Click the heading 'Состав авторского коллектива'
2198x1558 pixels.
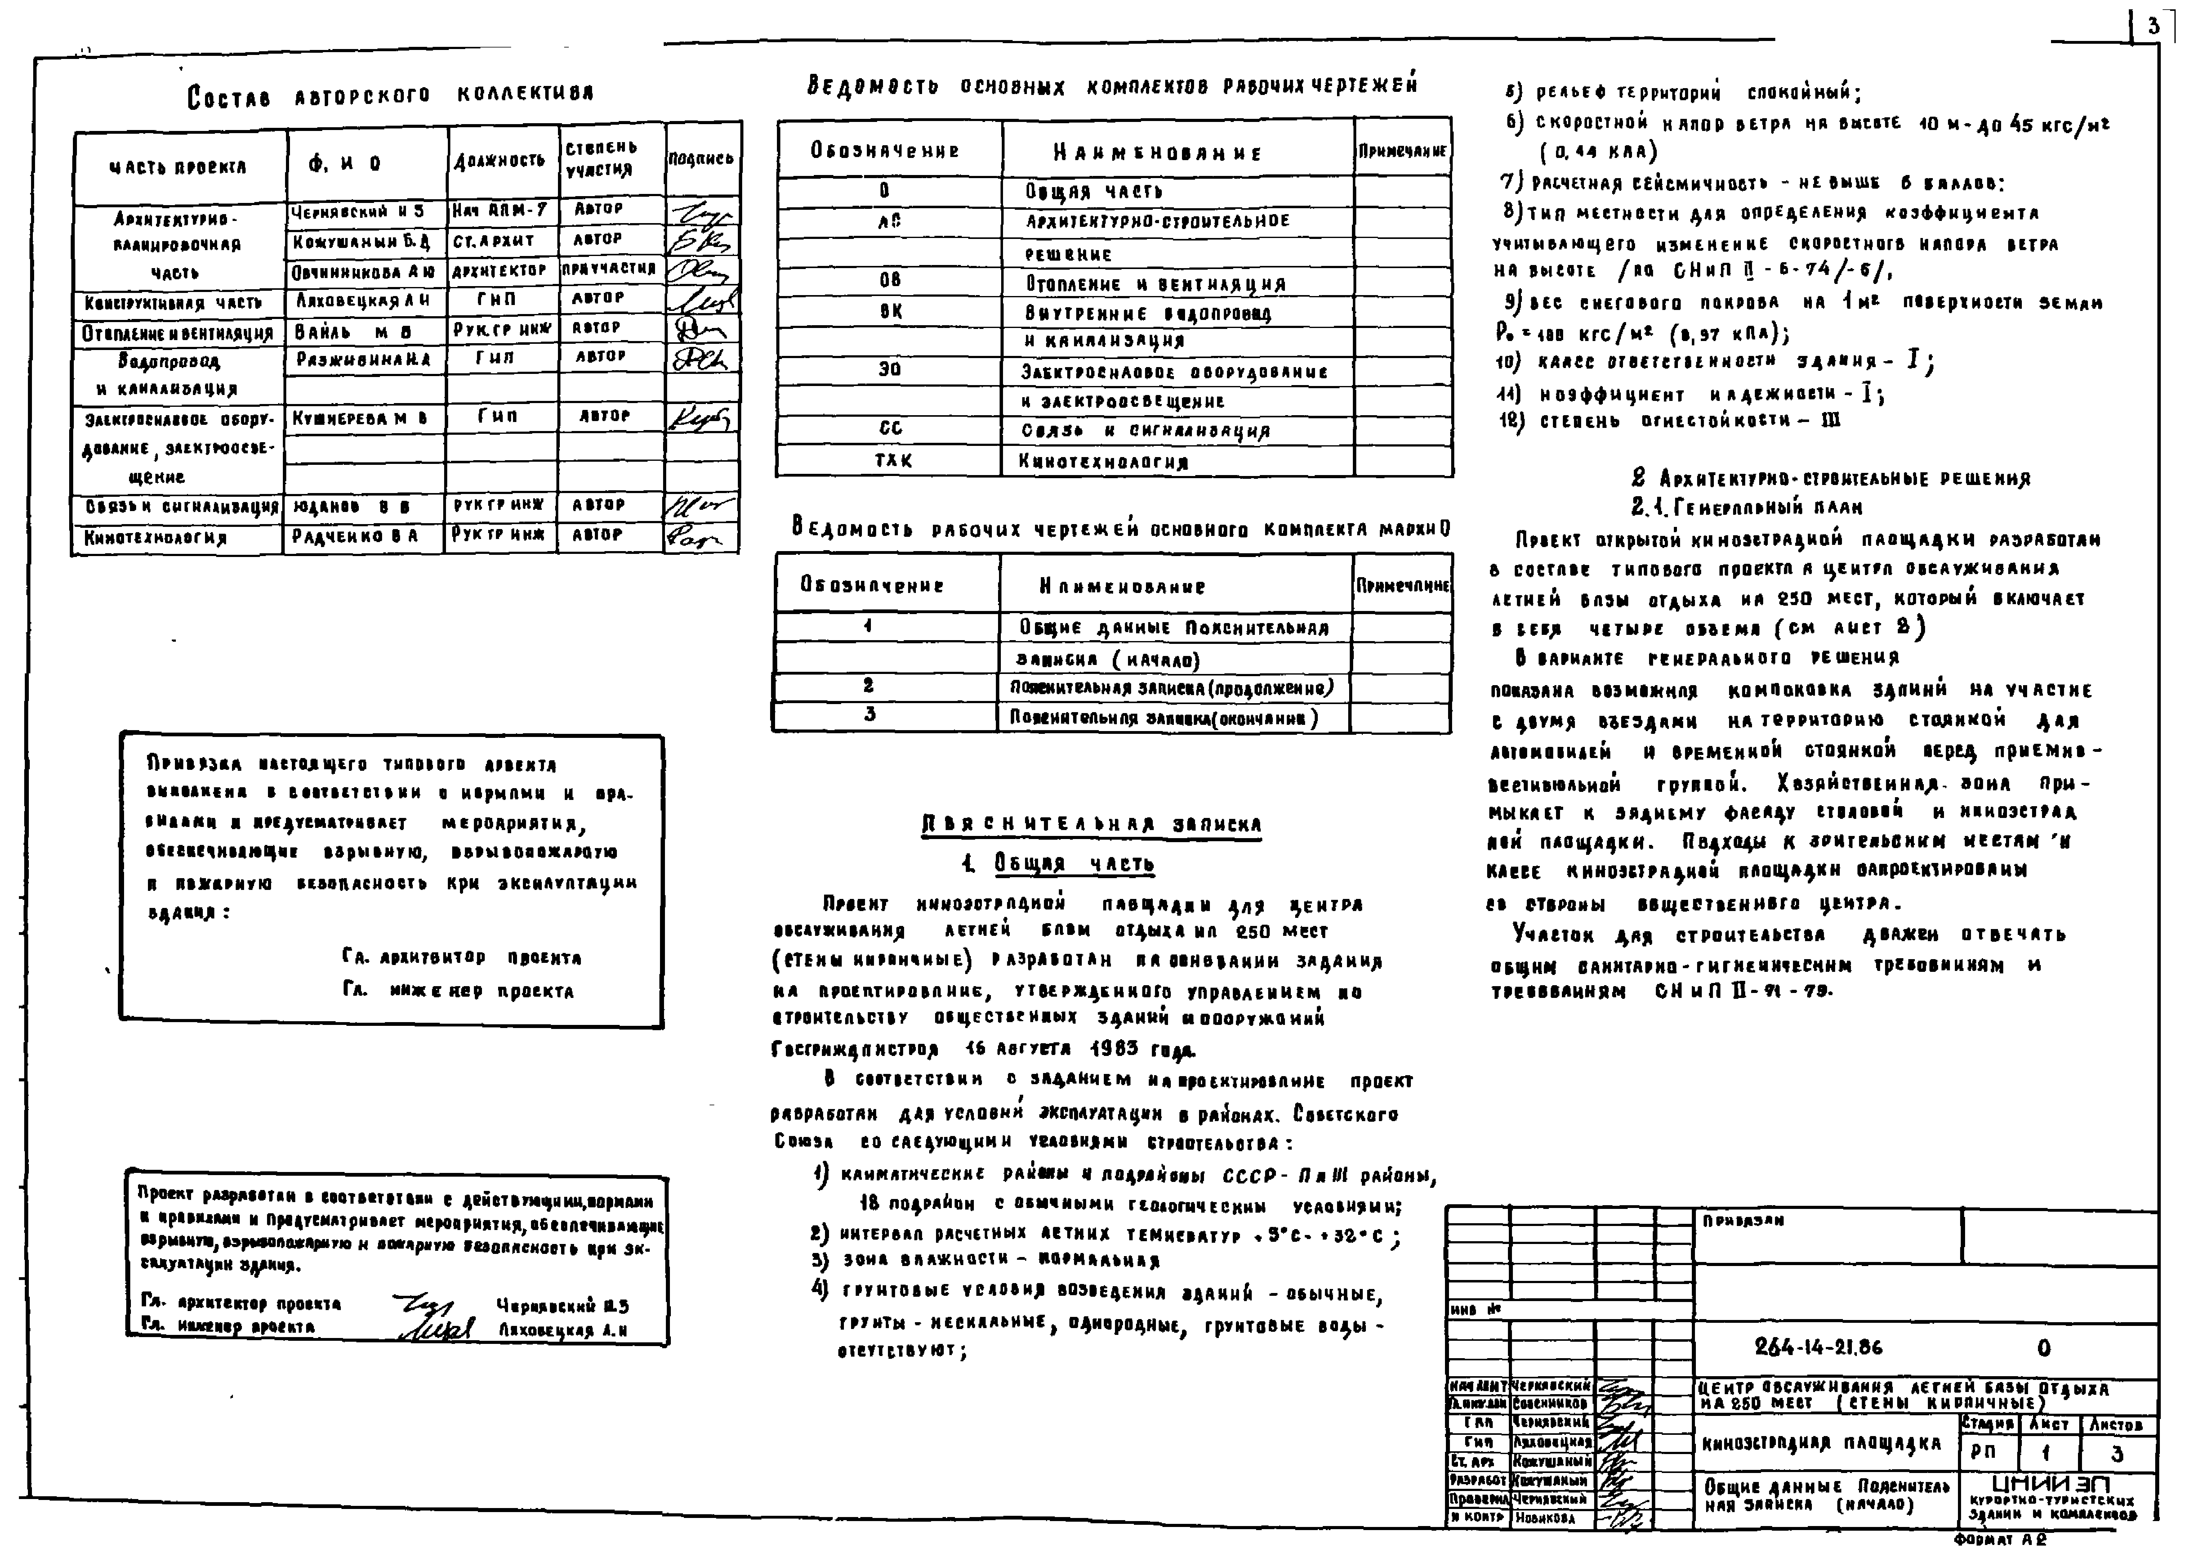390,94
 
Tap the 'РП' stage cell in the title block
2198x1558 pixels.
1984,1452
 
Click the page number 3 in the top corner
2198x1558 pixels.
2154,26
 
